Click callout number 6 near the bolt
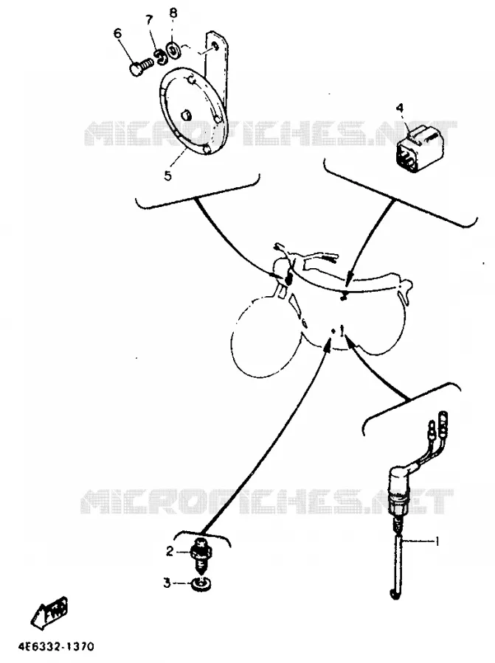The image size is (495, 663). [118, 33]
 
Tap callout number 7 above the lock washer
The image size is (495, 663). [149, 21]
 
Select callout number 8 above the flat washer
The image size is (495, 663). [173, 13]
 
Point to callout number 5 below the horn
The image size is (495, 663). [168, 175]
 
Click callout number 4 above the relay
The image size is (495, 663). [400, 108]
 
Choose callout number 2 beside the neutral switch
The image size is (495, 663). [170, 551]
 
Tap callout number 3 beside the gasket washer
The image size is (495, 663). [167, 583]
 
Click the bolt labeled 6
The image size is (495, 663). [140, 68]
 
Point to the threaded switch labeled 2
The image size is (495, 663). [201, 556]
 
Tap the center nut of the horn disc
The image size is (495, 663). [185, 115]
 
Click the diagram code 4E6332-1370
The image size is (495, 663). [55, 647]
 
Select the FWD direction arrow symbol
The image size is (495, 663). [51, 610]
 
